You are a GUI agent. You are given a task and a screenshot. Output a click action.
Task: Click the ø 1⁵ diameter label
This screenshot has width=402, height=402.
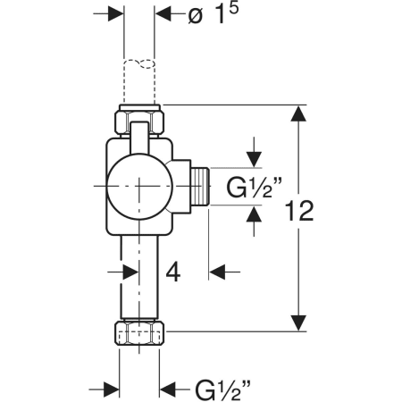[x=214, y=14]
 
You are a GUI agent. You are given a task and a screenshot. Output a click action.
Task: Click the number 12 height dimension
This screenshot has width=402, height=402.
[x=299, y=211]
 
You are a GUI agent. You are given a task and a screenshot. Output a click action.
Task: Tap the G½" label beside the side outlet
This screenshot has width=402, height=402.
[x=254, y=187]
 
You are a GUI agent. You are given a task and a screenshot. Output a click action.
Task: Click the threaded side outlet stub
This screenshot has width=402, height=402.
[x=200, y=187]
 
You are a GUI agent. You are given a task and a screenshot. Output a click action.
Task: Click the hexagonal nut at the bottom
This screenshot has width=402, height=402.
[x=139, y=333]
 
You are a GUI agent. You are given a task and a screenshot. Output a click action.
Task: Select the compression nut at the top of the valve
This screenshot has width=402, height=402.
[x=139, y=120]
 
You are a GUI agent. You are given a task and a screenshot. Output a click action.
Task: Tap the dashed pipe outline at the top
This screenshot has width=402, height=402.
[x=139, y=81]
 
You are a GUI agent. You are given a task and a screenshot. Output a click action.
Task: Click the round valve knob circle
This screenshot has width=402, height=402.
[x=139, y=188]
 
